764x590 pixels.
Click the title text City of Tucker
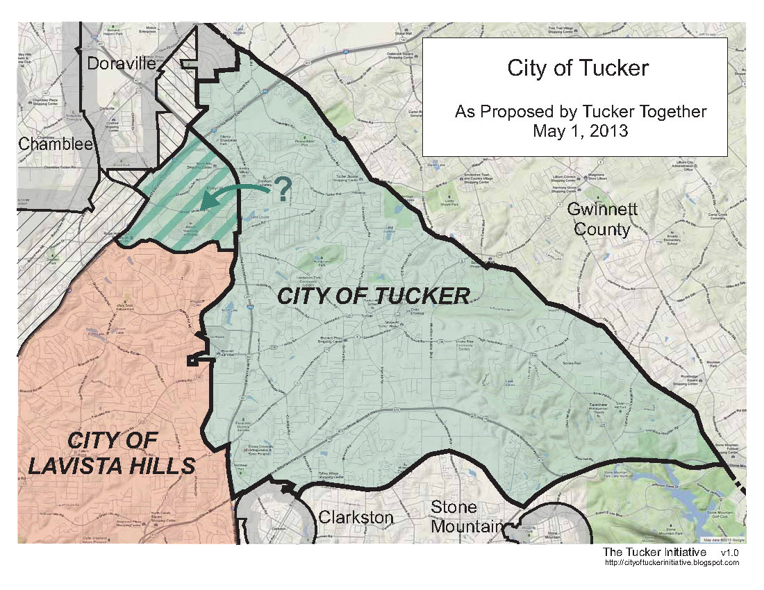(578, 69)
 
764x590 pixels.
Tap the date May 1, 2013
(581, 130)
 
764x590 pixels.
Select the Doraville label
(121, 65)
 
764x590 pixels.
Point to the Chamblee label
(46, 144)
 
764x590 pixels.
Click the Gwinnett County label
(601, 219)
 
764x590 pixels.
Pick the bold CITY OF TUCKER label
(374, 296)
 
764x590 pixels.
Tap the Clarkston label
(356, 517)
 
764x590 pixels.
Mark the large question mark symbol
(282, 189)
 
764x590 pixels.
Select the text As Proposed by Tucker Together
(581, 111)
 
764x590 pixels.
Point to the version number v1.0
(729, 552)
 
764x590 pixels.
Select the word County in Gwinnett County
(601, 229)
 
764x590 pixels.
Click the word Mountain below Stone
(466, 526)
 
